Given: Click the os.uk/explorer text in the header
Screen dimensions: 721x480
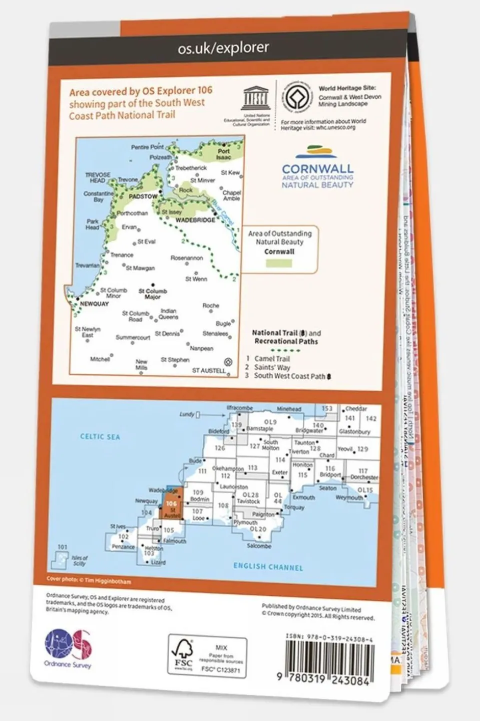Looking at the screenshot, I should point(223,48).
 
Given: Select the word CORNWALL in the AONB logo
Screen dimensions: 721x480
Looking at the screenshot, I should point(317,169).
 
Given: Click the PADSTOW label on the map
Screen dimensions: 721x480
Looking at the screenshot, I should point(143,196).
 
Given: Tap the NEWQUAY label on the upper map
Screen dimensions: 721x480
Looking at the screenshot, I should point(94,304).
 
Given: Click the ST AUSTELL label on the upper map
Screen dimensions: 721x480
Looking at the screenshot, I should point(209,371).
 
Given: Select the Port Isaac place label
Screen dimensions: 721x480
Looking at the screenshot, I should point(224,154).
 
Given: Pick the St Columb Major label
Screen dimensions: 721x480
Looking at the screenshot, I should point(153,294).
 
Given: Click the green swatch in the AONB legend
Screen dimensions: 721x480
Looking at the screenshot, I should point(279,264).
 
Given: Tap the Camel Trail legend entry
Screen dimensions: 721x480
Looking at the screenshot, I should point(272,359).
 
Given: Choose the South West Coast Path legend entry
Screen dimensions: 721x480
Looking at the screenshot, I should point(289,376).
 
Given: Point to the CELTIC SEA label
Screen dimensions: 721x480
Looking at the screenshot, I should point(100,437).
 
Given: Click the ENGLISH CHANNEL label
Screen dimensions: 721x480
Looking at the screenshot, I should point(268,567).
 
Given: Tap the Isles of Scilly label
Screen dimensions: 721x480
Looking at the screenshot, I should point(79,560).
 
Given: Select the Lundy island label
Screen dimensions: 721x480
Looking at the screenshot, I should point(187,414).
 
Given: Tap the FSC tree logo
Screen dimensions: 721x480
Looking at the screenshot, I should point(182,654).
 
